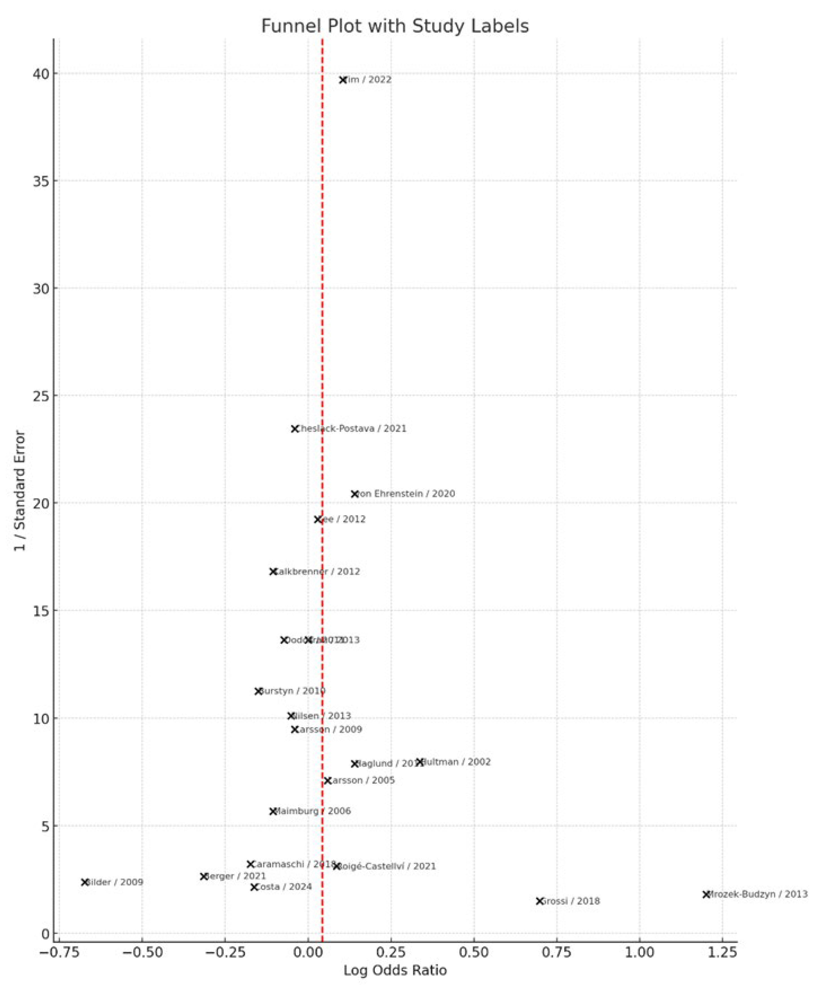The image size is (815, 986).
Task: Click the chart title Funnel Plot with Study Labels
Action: coord(395,26)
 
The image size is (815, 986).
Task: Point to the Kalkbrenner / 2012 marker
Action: coord(273,572)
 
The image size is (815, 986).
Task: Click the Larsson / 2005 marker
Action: coord(328,781)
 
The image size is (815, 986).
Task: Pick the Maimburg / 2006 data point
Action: coord(273,812)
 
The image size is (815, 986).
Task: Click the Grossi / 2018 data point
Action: coord(540,901)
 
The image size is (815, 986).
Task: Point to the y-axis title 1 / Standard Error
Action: coord(20,490)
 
